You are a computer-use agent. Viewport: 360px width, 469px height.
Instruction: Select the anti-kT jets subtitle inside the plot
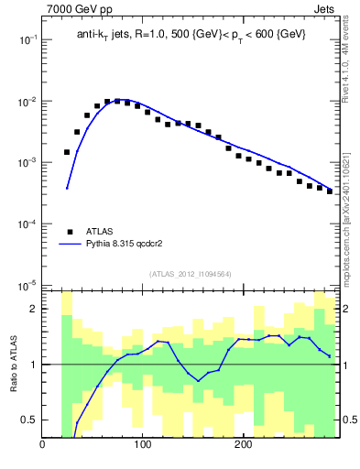190,34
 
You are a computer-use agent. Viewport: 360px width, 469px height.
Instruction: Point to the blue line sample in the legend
70,245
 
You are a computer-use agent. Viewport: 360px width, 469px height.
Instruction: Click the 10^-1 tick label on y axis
27,40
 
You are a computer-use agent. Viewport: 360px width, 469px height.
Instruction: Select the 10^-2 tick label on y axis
27,102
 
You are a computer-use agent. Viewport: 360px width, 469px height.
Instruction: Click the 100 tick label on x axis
143,446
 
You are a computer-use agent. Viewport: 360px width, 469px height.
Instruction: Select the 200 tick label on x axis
243,446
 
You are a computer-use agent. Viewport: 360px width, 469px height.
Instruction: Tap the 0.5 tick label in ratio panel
29,420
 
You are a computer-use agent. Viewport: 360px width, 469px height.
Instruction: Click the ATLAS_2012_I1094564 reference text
190,273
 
